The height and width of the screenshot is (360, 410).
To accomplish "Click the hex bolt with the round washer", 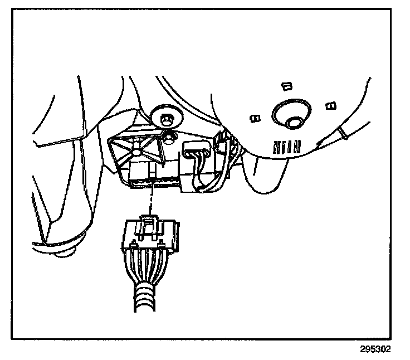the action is (x=165, y=118).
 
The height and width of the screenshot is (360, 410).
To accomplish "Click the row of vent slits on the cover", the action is (x=287, y=147).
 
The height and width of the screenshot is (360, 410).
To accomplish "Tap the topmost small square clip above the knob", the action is (x=287, y=85).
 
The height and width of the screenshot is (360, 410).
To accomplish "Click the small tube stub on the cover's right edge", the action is (x=341, y=133).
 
